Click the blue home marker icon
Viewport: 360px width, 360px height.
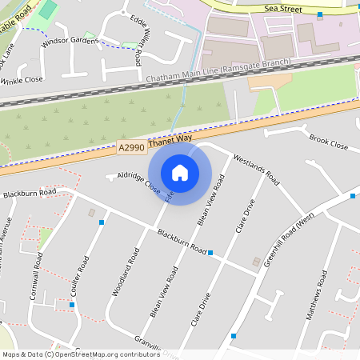point(180,172)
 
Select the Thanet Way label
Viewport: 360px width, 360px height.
point(165,140)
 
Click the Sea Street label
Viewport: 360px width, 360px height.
point(280,8)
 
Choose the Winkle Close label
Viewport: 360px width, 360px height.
point(22,80)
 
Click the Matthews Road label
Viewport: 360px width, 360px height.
point(318,296)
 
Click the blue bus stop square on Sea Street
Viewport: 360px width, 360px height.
point(319,15)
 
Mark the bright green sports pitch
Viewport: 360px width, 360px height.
point(48,10)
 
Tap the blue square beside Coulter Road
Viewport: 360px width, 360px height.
point(102,222)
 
